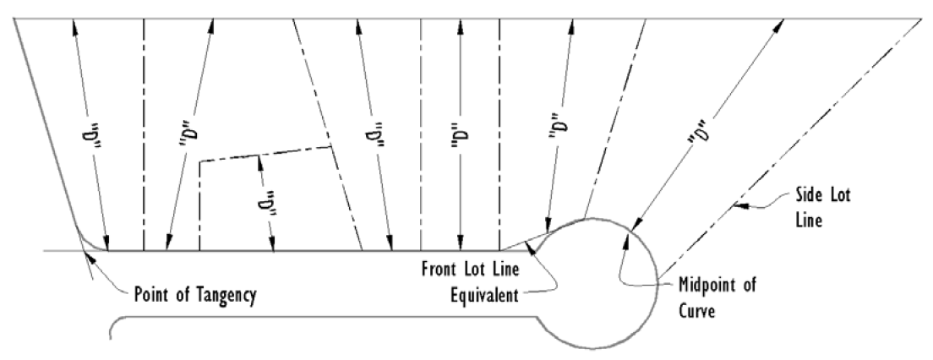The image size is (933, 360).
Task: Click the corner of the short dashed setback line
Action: coord(199,161)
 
